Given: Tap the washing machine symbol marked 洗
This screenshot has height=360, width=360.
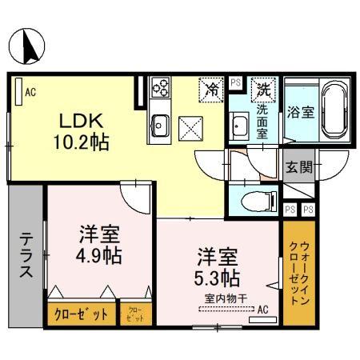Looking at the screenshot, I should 262,89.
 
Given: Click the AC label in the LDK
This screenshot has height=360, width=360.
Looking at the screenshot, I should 30,92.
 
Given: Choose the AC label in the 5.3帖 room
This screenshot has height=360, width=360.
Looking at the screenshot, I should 263,309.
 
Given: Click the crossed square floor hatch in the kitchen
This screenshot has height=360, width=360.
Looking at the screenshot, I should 191,126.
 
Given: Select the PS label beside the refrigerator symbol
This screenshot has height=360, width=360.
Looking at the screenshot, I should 235,82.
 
